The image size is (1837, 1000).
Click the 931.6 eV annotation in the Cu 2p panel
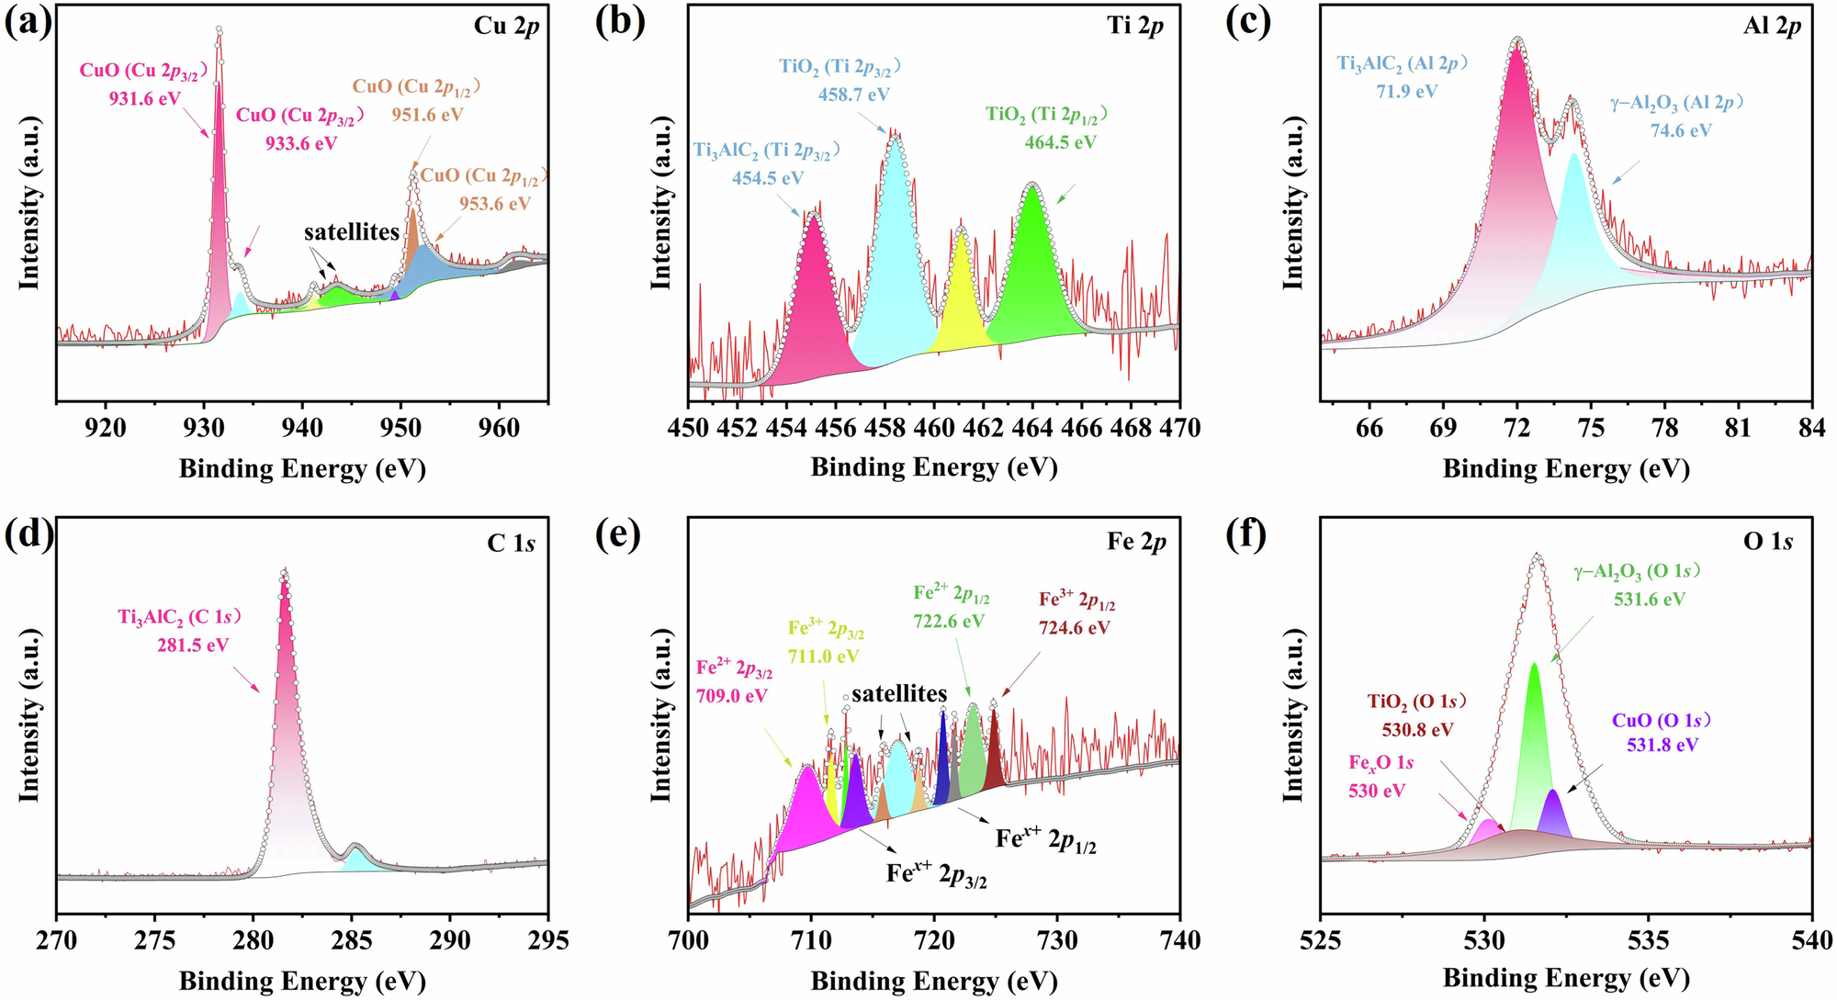point(145,98)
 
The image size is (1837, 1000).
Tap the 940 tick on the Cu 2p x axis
point(302,428)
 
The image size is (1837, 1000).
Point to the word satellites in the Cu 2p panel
point(352,232)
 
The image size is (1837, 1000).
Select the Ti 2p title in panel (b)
point(1135,26)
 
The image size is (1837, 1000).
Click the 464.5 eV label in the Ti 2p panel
point(1060,142)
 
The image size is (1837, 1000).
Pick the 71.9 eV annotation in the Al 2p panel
point(1406,92)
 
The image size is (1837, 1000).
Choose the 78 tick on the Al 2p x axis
point(1664,428)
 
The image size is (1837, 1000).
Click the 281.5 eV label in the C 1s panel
point(193,646)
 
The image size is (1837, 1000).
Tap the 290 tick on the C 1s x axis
point(450,940)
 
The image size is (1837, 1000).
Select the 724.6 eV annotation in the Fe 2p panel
point(1075,628)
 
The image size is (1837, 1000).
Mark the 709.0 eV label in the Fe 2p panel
point(731,696)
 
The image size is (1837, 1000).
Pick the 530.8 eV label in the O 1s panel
point(1417,730)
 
